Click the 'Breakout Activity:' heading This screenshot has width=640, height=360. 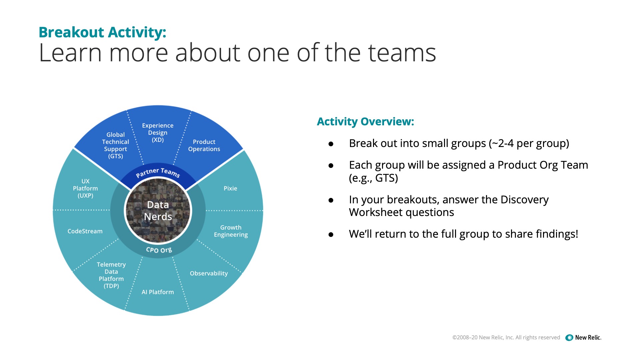pyautogui.click(x=102, y=32)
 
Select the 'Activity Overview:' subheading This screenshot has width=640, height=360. pyautogui.click(x=365, y=122)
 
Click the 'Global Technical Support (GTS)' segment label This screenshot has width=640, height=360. pyautogui.click(x=115, y=145)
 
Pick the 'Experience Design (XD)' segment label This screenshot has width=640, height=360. pyautogui.click(x=158, y=133)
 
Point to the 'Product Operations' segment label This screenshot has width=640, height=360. pyautogui.click(x=204, y=145)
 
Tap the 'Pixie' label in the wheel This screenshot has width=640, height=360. pyautogui.click(x=230, y=188)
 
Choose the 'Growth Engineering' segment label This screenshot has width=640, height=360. pyautogui.click(x=231, y=231)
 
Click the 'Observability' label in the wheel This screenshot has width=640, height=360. pyautogui.click(x=209, y=273)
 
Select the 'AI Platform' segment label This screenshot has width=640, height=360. pyautogui.click(x=158, y=292)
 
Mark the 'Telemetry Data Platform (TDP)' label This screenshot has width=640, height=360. pyautogui.click(x=111, y=275)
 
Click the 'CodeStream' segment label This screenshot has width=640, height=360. pyautogui.click(x=85, y=231)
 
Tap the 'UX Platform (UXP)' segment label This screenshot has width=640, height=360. pyautogui.click(x=85, y=188)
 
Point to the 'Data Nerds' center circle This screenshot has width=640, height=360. pyautogui.click(x=158, y=211)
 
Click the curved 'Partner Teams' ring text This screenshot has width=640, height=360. pyautogui.click(x=158, y=172)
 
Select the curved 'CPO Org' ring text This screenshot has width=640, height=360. pyautogui.click(x=159, y=250)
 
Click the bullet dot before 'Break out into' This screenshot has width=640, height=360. pyautogui.click(x=331, y=144)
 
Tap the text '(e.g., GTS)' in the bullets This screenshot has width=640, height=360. pyautogui.click(x=373, y=178)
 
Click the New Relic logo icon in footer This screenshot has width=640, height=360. pyautogui.click(x=569, y=338)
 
